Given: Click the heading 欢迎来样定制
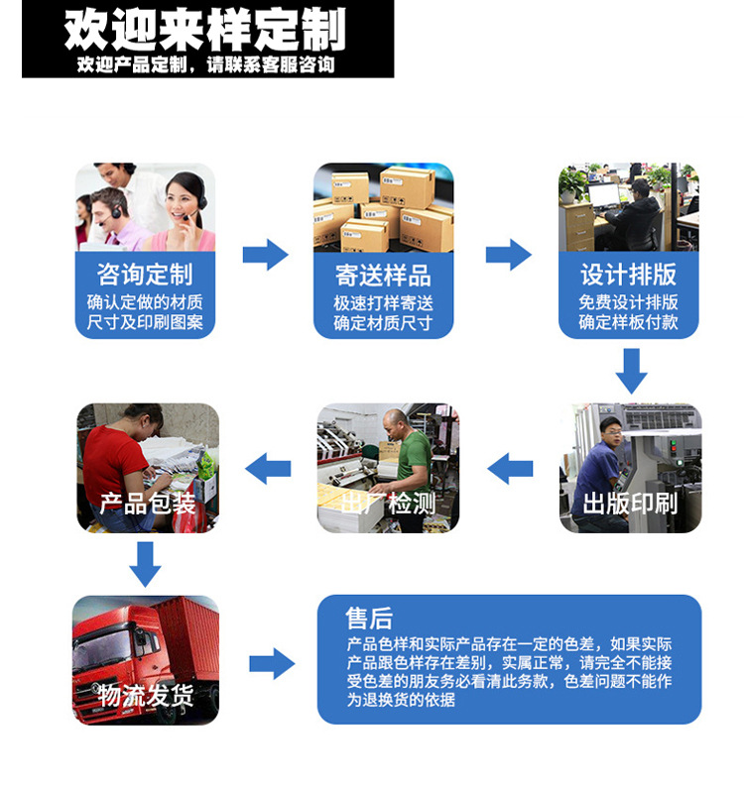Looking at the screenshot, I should coord(205,30).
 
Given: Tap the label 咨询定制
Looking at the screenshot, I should coord(145,274).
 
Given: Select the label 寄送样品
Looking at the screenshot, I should coord(383,275).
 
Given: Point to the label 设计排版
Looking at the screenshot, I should coord(629,275).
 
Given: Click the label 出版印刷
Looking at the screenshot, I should coord(630,503).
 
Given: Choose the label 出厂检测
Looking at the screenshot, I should coord(388,503).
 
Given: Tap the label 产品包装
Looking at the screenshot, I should coord(147,503).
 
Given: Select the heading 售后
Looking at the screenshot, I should coord(369,619).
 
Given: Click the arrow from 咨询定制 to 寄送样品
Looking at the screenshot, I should coord(265,255).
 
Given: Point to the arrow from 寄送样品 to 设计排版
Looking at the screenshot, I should coord(508,255).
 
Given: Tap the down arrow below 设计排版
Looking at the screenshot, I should coord(631,371).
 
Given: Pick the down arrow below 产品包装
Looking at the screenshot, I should coord(146,563).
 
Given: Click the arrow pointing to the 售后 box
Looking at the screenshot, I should coord(271,662).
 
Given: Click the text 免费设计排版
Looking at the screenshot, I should coord(629,302).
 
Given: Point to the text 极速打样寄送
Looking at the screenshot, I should coord(383,302).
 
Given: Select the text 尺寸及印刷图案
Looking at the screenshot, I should coord(145,322).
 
